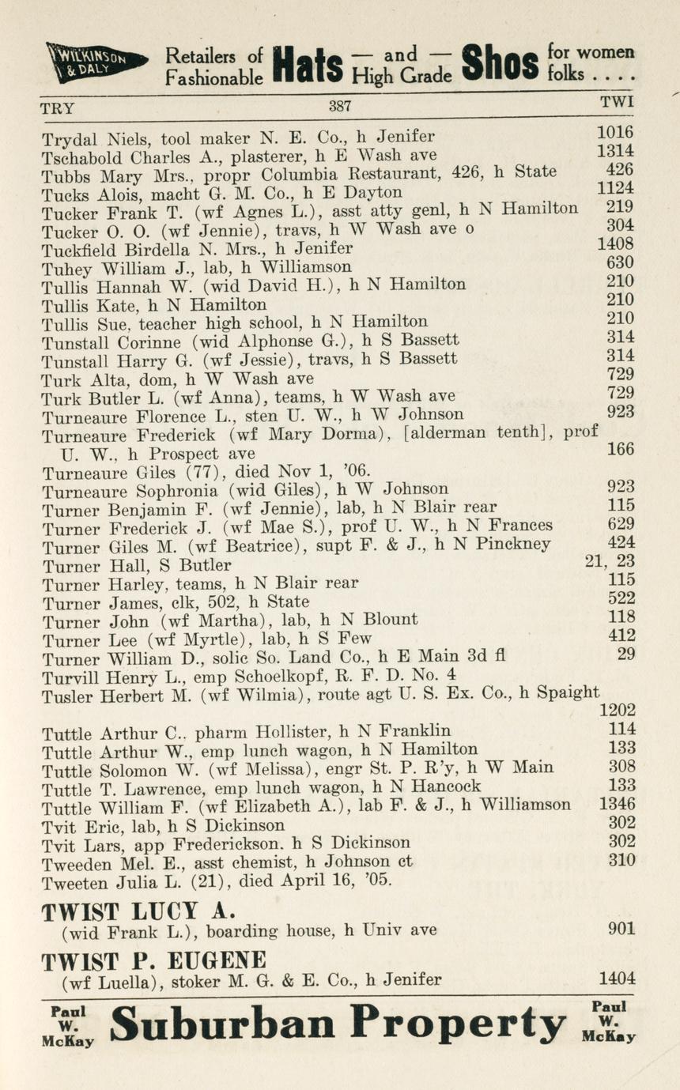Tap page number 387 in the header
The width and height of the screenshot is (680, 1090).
340,106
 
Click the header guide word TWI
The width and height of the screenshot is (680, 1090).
617,102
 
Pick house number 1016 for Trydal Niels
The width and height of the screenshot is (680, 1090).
615,133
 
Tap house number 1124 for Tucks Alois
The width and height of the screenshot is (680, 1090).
615,189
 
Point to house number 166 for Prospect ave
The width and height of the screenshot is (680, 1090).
620,450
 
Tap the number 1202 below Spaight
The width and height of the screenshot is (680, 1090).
617,711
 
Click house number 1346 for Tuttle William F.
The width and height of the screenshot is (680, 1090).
617,805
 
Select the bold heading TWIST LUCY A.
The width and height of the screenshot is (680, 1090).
139,911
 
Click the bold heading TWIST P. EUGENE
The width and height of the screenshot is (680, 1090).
153,961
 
